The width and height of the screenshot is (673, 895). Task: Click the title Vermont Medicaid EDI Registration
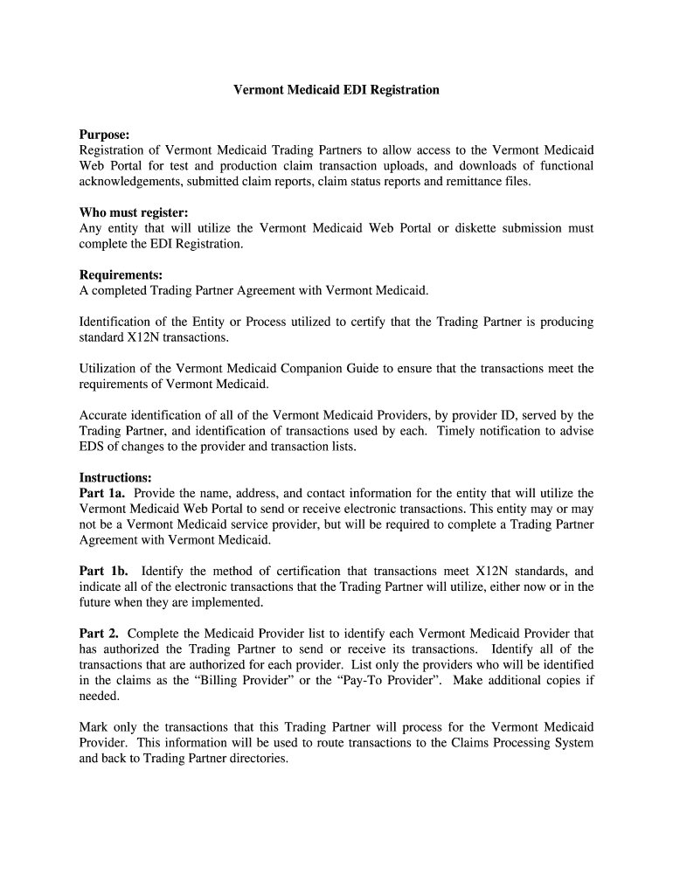click(336, 90)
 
